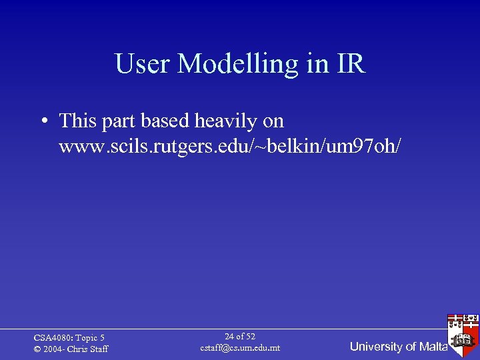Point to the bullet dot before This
(x=43, y=121)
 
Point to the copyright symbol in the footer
(x=37, y=349)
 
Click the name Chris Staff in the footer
(x=89, y=349)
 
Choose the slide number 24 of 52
(x=240, y=337)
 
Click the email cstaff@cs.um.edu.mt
(x=240, y=348)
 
